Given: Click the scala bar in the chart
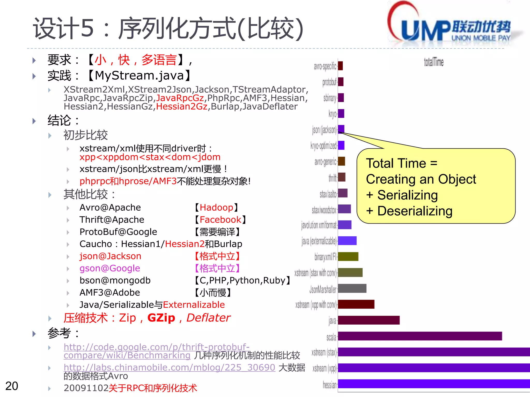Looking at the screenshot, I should [x=420, y=336].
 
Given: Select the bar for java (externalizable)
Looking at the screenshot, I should [x=347, y=241].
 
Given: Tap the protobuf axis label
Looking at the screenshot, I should [x=329, y=82].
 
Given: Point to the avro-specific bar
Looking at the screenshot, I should [x=341, y=66].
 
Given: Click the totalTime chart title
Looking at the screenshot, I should [x=433, y=62].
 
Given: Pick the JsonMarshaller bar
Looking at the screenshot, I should [x=352, y=288].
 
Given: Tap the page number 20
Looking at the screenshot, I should [x=12, y=386].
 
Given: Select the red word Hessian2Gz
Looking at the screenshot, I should [x=182, y=106].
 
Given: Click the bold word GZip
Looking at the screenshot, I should [x=161, y=318].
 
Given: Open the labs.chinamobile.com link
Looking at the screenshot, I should [x=170, y=367].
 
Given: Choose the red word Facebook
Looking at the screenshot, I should [x=220, y=220].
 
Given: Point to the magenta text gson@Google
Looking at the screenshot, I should [x=110, y=268].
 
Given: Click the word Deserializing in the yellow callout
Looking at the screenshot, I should [x=415, y=211].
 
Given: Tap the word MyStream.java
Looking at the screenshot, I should [x=139, y=75].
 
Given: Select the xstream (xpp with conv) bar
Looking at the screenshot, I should [x=356, y=304].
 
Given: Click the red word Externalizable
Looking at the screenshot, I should [x=194, y=305].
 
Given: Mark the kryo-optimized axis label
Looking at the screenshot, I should [x=323, y=146].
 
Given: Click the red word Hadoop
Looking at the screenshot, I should [x=216, y=208].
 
